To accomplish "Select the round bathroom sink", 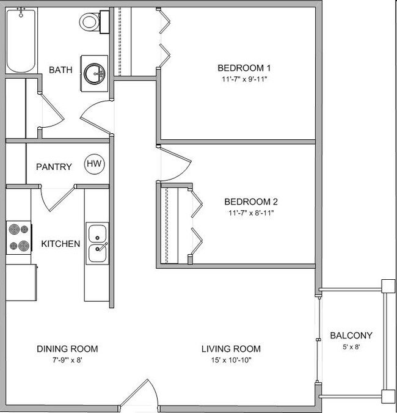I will tap(95, 72).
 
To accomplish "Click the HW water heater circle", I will tap(94, 164).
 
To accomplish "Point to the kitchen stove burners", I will tap(19, 238).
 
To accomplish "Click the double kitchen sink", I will tap(97, 243).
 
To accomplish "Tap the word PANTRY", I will tap(54, 167).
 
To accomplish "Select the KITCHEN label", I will tap(60, 244).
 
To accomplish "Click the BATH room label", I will tap(60, 70).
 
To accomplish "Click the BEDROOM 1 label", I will tap(244, 68).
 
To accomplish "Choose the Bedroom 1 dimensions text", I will tap(244, 79).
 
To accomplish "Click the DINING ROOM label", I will tap(67, 349).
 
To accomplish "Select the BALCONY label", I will tap(351, 335).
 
